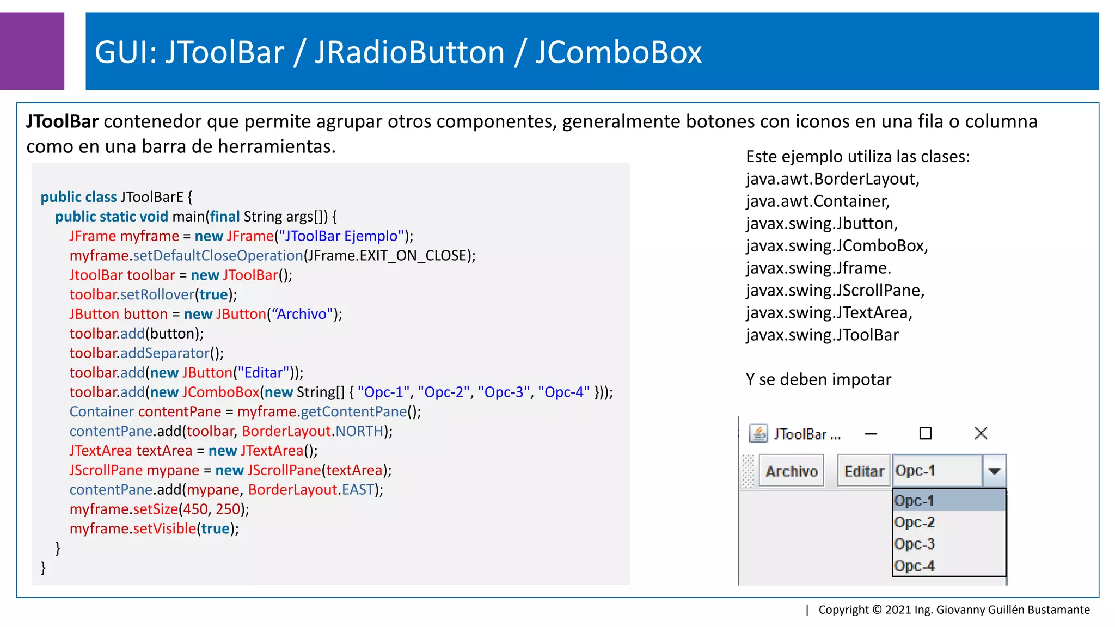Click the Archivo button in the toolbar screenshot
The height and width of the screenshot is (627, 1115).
pyautogui.click(x=791, y=471)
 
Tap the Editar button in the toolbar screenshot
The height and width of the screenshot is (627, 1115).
pyautogui.click(x=863, y=471)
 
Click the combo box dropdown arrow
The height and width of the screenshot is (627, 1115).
pyautogui.click(x=994, y=471)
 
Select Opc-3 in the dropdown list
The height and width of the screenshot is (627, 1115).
pyautogui.click(x=915, y=544)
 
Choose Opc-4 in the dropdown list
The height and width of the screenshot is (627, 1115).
pyautogui.click(x=915, y=565)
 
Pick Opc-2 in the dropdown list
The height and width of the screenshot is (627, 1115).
pyautogui.click(x=915, y=522)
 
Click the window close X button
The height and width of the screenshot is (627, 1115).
pyautogui.click(x=981, y=433)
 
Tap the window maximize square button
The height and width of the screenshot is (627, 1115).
pyautogui.click(x=925, y=433)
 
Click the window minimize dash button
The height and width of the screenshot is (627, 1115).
pyautogui.click(x=871, y=434)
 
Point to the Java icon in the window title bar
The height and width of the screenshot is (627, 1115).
pyautogui.click(x=758, y=433)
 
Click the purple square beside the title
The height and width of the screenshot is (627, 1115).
pyautogui.click(x=32, y=51)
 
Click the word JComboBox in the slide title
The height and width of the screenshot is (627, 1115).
pyautogui.click(x=618, y=52)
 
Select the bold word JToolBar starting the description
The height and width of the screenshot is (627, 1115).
pyautogui.click(x=62, y=121)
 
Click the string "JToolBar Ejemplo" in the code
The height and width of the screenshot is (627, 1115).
pyautogui.click(x=341, y=236)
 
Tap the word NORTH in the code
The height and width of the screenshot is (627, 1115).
pyautogui.click(x=359, y=431)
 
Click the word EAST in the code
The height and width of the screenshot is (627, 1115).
pyautogui.click(x=358, y=490)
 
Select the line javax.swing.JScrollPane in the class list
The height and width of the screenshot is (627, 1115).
pyautogui.click(x=835, y=291)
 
